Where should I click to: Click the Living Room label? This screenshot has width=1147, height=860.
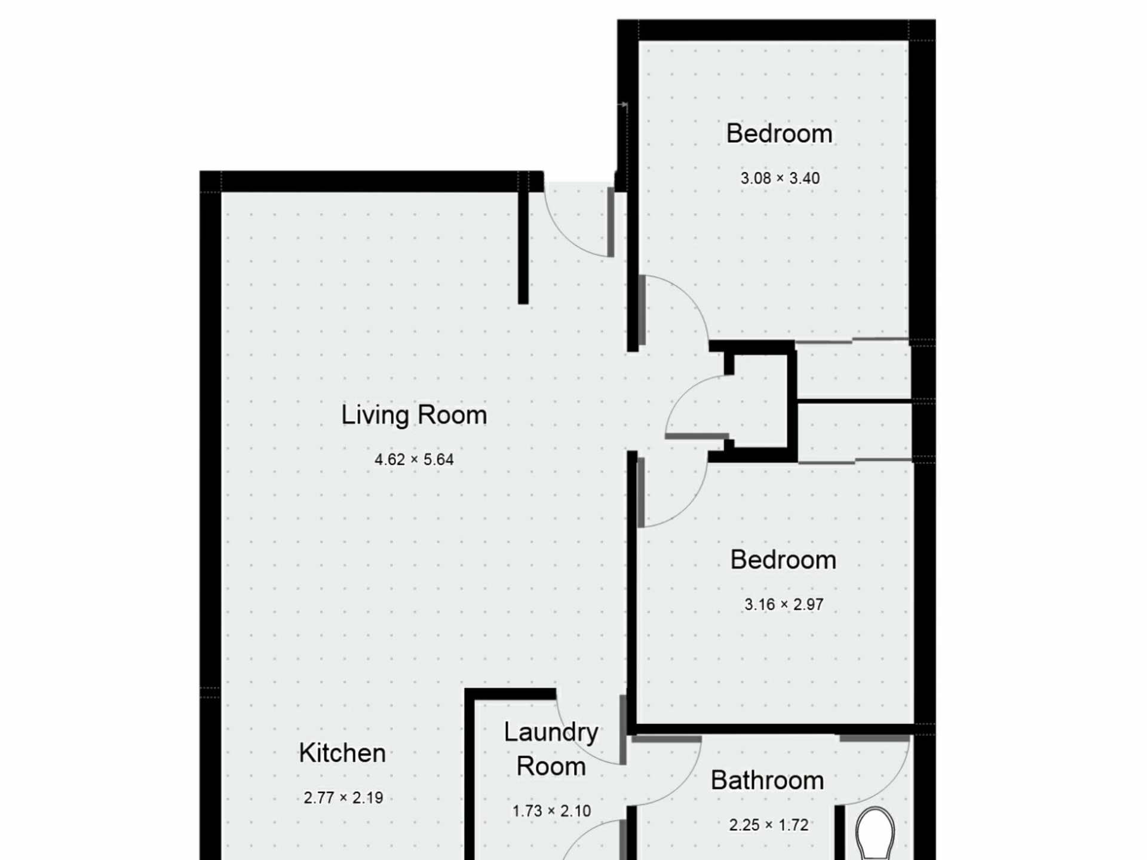(414, 415)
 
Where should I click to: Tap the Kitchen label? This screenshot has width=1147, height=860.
(342, 752)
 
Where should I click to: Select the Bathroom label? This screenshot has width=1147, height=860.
(767, 780)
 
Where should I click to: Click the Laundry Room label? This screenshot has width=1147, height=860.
(551, 749)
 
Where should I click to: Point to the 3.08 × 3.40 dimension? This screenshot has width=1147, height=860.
(780, 178)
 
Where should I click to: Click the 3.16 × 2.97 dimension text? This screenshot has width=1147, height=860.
(784, 604)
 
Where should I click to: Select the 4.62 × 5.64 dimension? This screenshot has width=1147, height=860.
(414, 459)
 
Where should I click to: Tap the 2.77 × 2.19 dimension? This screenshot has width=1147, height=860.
(344, 798)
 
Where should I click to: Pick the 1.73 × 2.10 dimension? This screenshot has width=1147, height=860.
(551, 811)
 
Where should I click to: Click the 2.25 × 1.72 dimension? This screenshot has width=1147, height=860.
(769, 825)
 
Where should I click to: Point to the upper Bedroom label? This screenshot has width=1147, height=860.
(779, 133)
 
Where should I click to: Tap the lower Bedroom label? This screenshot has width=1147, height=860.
(783, 560)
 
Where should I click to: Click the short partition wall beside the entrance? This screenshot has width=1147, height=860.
(523, 239)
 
